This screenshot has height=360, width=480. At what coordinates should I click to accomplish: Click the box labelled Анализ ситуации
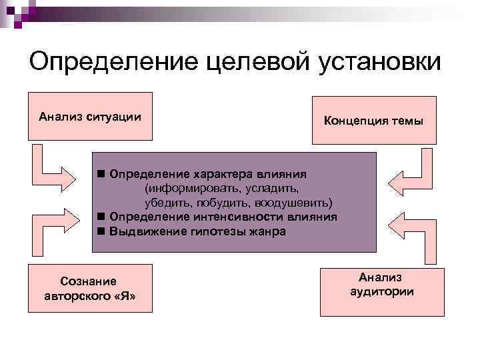(x=90, y=117)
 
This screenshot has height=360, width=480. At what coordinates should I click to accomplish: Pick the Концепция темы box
(x=373, y=121)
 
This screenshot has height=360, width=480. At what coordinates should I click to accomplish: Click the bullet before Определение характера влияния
(x=100, y=174)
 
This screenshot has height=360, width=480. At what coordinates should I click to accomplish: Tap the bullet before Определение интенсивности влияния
(x=100, y=217)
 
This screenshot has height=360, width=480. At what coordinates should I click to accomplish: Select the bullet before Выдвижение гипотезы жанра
(x=100, y=232)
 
